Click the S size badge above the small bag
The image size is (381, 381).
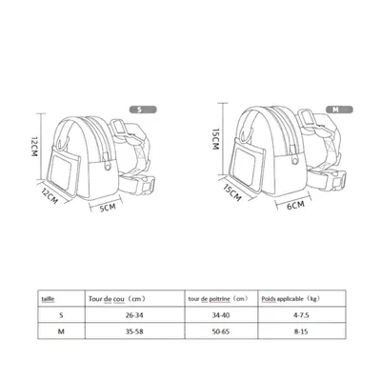[141, 110]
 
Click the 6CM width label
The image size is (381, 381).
[296, 204]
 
